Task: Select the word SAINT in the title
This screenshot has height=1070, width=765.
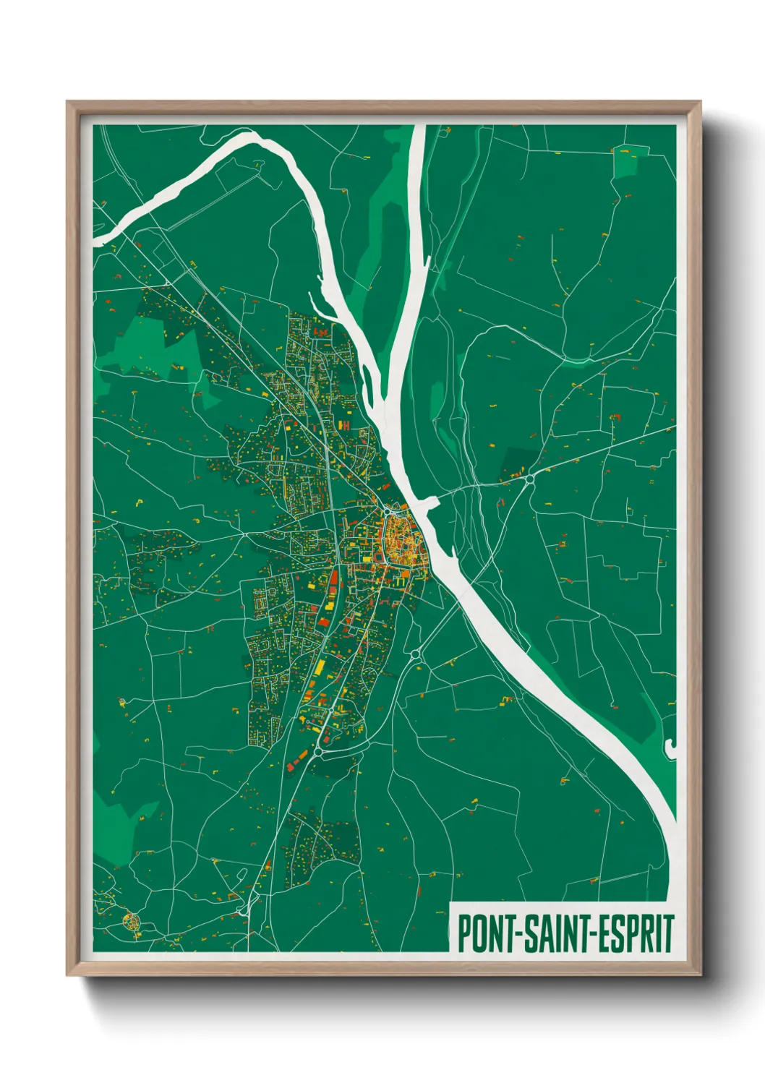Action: point(554,933)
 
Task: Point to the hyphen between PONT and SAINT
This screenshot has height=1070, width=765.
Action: point(515,935)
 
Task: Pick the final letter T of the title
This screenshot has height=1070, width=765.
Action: point(668,933)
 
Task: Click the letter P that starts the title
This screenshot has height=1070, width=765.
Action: point(464,933)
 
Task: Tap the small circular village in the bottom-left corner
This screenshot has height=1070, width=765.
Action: point(131,921)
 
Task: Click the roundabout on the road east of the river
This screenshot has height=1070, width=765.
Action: point(529,479)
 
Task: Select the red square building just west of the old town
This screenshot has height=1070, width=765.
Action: point(377,557)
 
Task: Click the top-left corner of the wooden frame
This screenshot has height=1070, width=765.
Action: point(68,103)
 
